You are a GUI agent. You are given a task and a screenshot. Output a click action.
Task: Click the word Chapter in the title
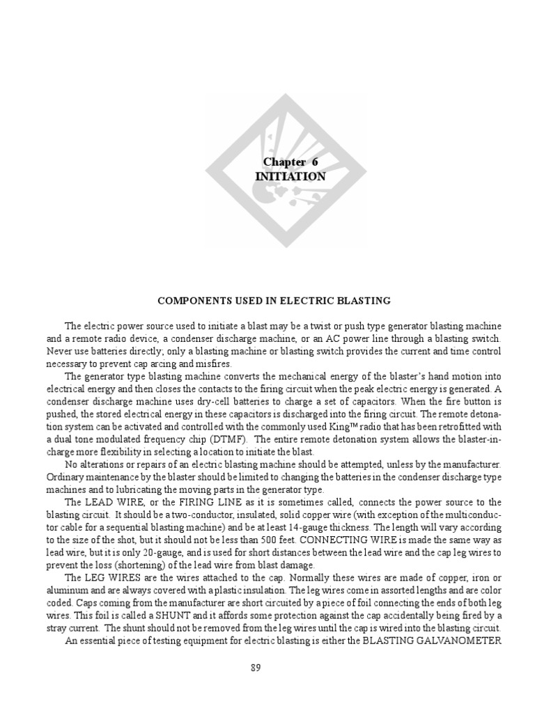(282, 162)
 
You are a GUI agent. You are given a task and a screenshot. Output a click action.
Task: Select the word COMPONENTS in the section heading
(192, 301)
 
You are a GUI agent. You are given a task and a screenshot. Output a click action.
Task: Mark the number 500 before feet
(286, 540)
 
